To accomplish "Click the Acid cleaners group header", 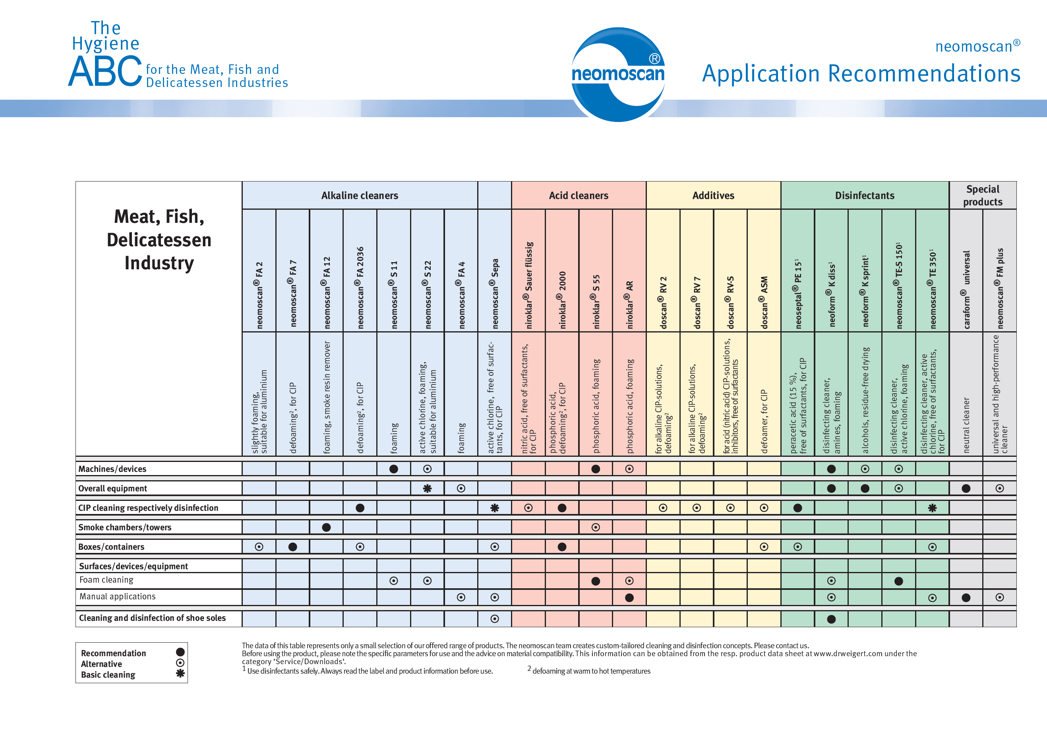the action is click(578, 195).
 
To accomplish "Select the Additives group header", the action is click(713, 195).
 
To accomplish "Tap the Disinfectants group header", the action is click(865, 195).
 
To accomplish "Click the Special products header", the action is click(983, 195).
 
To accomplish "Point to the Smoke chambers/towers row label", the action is click(125, 527).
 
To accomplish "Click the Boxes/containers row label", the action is click(111, 547).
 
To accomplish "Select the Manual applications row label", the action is click(117, 596).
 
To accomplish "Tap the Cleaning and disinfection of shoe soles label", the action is click(152, 618).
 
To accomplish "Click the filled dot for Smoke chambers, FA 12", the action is click(327, 527).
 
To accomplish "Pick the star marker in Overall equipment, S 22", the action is click(427, 488).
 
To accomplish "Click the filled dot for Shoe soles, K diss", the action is click(831, 619).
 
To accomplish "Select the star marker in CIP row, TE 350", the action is click(932, 508).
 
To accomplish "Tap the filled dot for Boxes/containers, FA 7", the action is click(293, 547).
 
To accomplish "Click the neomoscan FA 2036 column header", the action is click(360, 288).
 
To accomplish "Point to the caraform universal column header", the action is click(966, 290).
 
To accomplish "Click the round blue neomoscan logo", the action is click(618, 74).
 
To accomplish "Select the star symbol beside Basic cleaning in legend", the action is click(180, 673).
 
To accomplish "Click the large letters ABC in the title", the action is click(105, 71).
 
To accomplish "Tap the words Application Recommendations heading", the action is click(861, 73).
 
